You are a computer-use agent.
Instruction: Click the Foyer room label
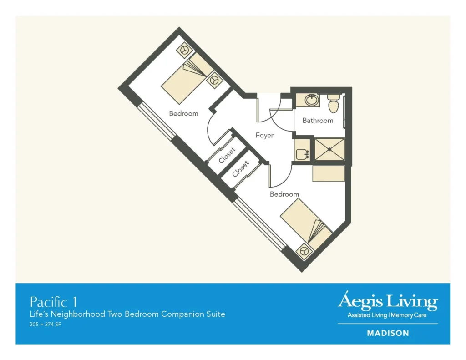tap(264, 135)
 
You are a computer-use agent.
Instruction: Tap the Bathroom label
tap(318, 121)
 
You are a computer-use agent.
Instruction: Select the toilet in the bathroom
tap(334, 104)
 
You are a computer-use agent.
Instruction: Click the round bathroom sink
tap(312, 100)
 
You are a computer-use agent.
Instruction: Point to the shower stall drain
tap(329, 149)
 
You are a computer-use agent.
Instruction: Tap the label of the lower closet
tap(240, 169)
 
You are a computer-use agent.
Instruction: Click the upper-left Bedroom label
tap(183, 113)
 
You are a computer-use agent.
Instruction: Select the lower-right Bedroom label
tap(284, 194)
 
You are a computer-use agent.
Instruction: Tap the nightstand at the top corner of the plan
tap(184, 50)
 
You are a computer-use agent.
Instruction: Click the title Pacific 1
tap(53, 302)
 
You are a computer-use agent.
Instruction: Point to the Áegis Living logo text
tap(387, 302)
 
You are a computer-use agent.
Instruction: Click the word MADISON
tap(388, 333)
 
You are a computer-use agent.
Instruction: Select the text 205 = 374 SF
tap(46, 324)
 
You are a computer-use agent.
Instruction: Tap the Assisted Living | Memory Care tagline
tap(387, 315)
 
